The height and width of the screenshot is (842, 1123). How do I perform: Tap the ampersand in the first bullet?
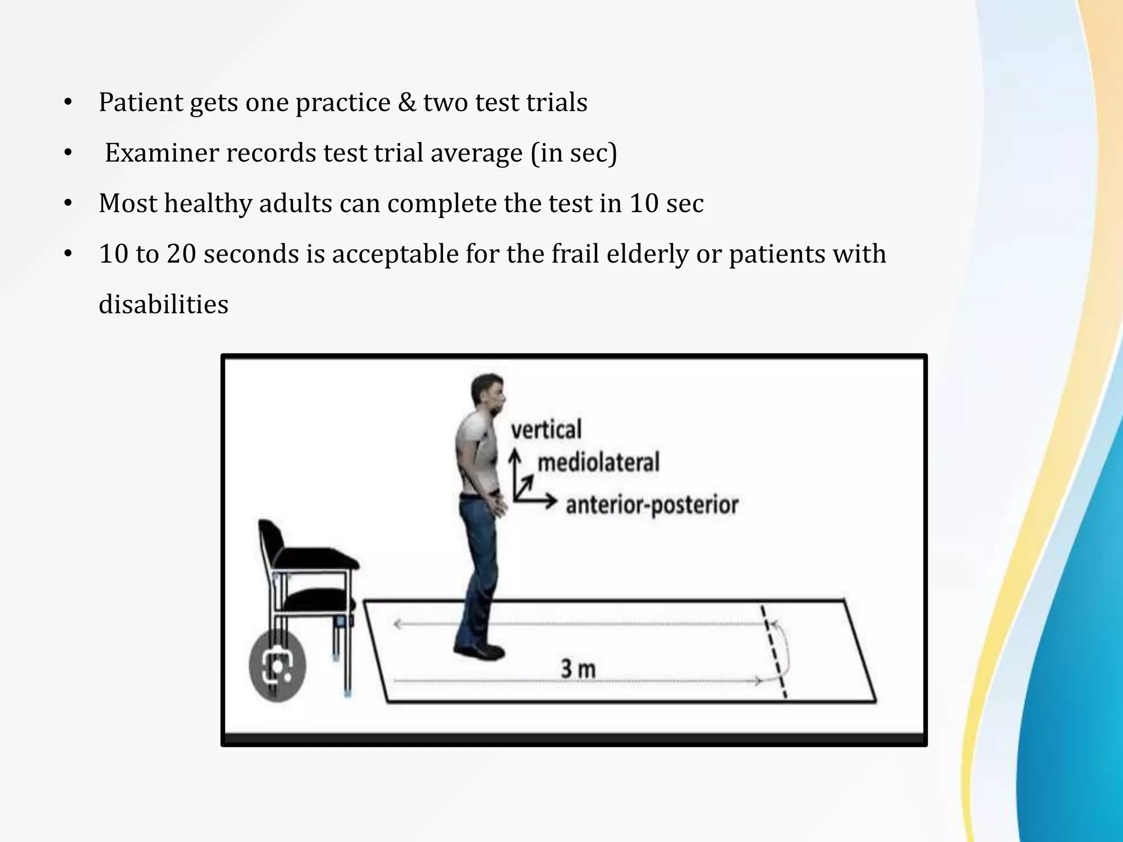pyautogui.click(x=406, y=102)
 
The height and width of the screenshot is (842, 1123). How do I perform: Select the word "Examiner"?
pyautogui.click(x=162, y=153)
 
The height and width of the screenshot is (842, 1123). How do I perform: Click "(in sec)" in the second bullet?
pyautogui.click(x=574, y=153)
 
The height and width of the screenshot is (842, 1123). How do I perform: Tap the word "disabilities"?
pyautogui.click(x=163, y=304)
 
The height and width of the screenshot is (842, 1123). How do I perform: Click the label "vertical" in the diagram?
pyautogui.click(x=546, y=429)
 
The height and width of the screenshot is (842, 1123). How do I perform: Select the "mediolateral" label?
pyautogui.click(x=598, y=463)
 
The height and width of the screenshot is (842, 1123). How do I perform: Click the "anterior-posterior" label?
pyautogui.click(x=652, y=504)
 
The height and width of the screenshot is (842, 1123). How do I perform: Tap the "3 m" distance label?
pyautogui.click(x=577, y=669)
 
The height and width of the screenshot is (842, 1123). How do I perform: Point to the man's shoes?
pyautogui.click(x=479, y=651)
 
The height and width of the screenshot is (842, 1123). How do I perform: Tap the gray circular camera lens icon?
pyautogui.click(x=277, y=664)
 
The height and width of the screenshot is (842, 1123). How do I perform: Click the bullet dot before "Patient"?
pyautogui.click(x=68, y=103)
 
